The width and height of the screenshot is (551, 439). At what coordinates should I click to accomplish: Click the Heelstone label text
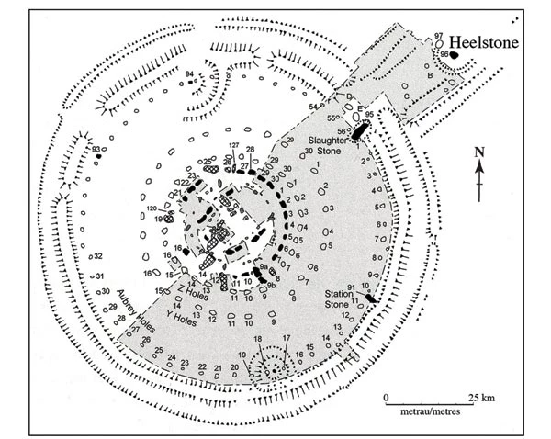tap(492, 43)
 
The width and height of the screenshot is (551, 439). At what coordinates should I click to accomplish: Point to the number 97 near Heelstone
tap(439, 35)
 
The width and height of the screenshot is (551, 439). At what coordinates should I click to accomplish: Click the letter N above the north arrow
tap(478, 152)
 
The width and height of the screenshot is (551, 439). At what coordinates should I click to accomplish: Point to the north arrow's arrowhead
tap(478, 167)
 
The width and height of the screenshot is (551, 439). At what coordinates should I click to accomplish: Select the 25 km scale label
tap(481, 398)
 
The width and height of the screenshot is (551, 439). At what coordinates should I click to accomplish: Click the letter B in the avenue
tap(430, 74)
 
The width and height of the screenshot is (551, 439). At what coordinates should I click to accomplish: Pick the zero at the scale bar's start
tap(387, 398)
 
